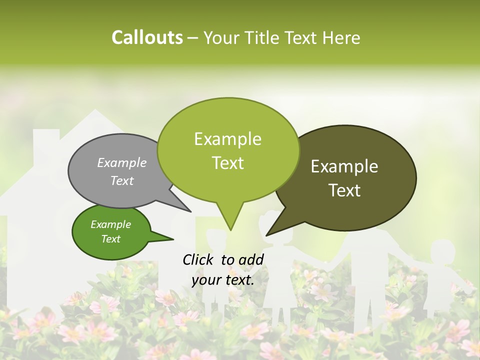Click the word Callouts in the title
(x=147, y=37)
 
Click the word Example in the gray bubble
(x=122, y=163)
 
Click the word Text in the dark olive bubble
(x=345, y=190)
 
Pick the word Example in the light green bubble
(x=227, y=139)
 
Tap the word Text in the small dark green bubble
(x=111, y=239)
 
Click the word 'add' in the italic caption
(x=250, y=259)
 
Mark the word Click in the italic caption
(x=198, y=259)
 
